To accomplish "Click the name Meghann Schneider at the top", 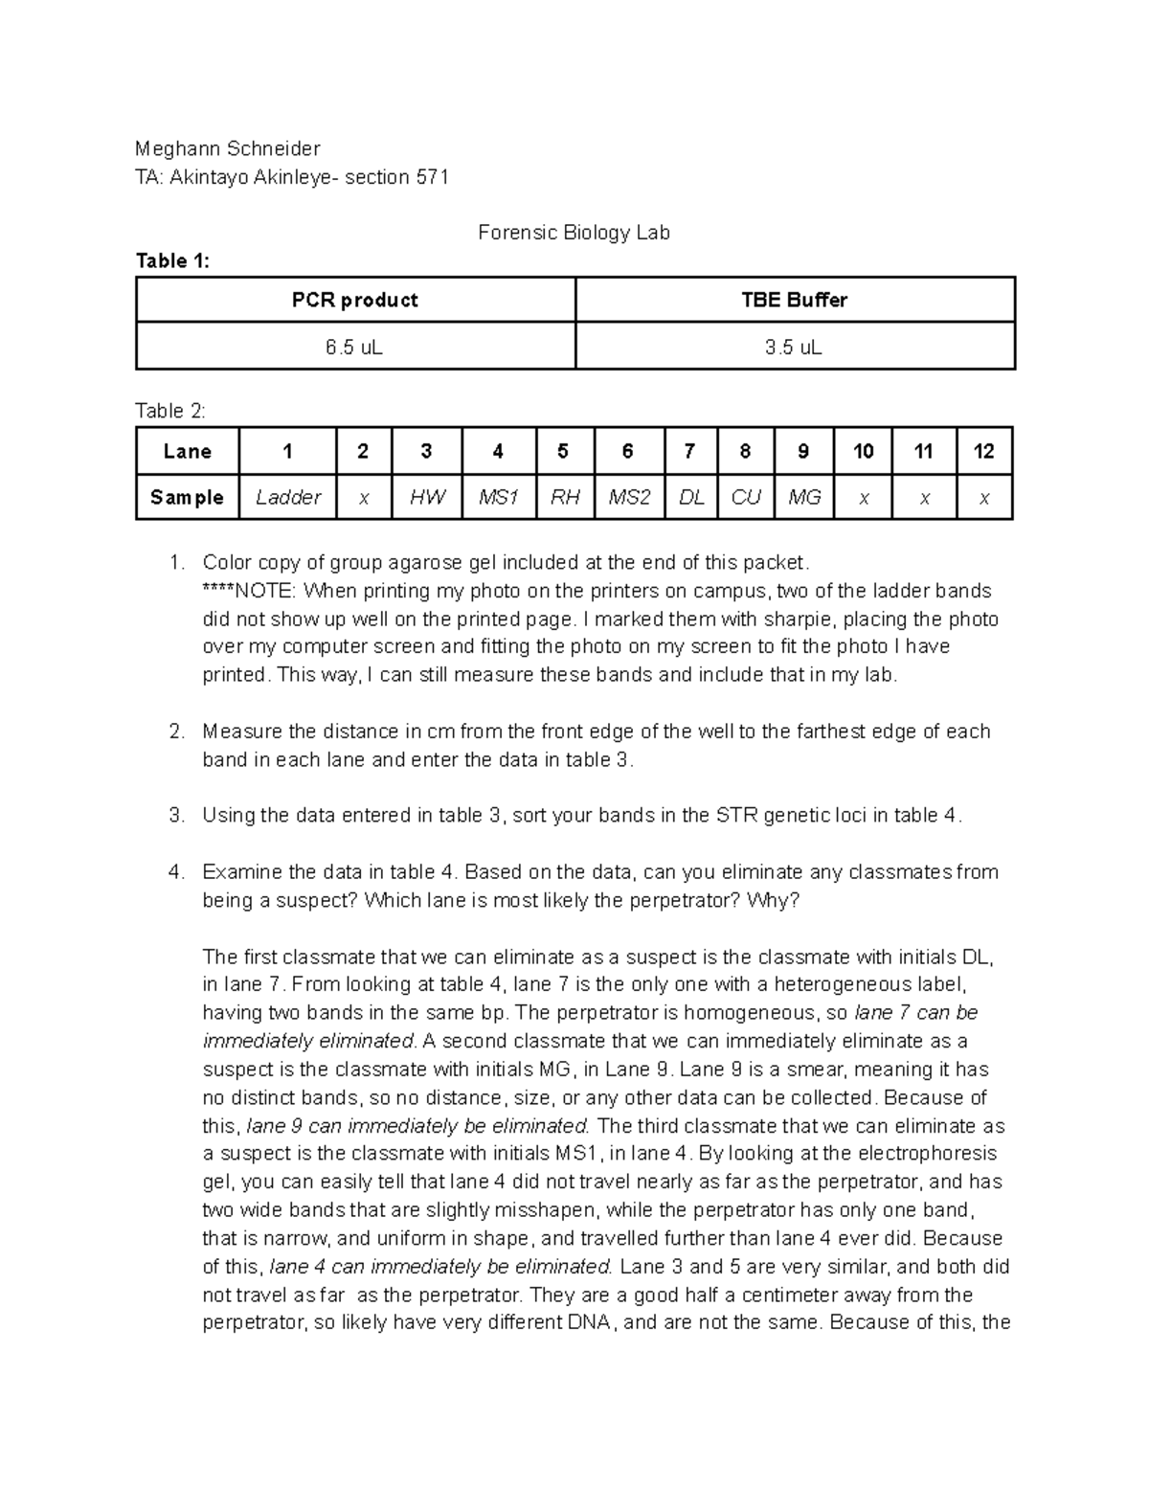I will [x=228, y=148].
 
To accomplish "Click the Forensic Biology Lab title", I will [x=574, y=233].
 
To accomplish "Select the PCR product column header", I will [x=355, y=300].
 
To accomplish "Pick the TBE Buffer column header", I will [x=794, y=300].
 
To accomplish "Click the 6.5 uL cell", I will [x=355, y=348].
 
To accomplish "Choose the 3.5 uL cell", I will [x=794, y=348].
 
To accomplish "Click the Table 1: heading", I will [x=172, y=261].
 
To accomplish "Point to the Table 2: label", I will [x=170, y=411].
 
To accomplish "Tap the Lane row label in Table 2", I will [x=187, y=451].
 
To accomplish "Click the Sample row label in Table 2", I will [x=187, y=497].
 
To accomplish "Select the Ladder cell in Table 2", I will [x=287, y=497].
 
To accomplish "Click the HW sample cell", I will [x=426, y=497].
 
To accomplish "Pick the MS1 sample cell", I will [x=498, y=497].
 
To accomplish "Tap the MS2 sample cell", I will [x=628, y=497].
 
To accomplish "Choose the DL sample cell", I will [x=690, y=497].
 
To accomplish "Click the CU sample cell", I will [x=746, y=497].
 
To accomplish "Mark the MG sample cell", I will [x=804, y=497].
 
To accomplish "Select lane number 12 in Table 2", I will [x=983, y=451].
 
